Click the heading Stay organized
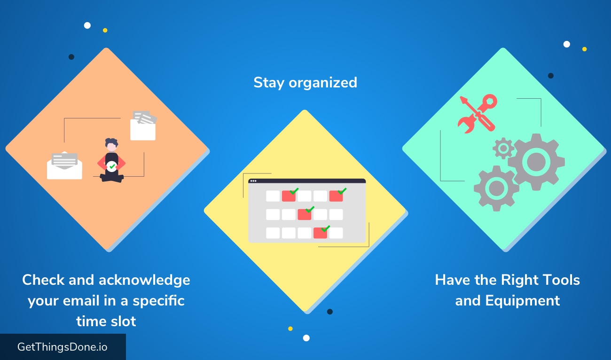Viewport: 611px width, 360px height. (305, 83)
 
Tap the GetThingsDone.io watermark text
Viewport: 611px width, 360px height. (62, 347)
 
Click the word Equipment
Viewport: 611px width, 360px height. (522, 301)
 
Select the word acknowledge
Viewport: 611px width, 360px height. (144, 281)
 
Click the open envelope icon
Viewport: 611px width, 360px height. (64, 165)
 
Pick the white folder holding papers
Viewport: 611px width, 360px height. (143, 125)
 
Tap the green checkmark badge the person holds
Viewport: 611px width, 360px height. (111, 166)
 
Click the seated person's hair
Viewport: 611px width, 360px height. (112, 142)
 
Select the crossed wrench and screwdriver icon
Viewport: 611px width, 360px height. (478, 113)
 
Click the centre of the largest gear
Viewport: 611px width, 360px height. (536, 162)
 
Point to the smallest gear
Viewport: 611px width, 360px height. (503, 149)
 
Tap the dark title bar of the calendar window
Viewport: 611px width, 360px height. (307, 181)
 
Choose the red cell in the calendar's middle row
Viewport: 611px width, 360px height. (305, 214)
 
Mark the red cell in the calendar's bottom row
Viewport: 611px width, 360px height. (320, 233)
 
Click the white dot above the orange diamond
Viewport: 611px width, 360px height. (87, 25)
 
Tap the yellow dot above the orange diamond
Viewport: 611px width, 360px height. (105, 30)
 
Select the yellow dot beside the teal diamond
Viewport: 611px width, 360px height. (584, 49)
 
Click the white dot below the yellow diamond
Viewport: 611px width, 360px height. (306, 338)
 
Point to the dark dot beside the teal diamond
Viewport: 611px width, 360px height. (551, 76)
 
